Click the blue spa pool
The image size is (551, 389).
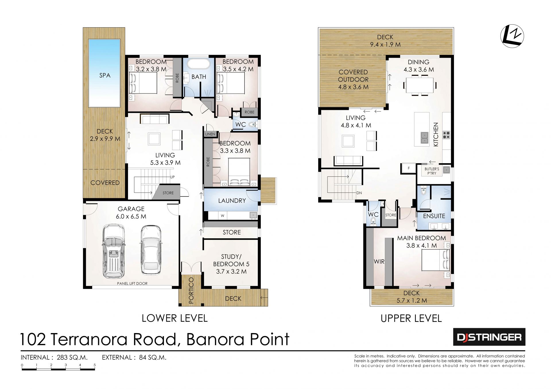pyautogui.click(x=104, y=73)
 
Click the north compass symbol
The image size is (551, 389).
pyautogui.click(x=512, y=36)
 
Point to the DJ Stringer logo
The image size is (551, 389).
pyautogui.click(x=489, y=337)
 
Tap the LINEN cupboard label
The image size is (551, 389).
pyautogui.click(x=210, y=134)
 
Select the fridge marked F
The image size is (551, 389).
pyautogui.click(x=409, y=168)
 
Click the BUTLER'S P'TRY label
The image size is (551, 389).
pyautogui.click(x=432, y=171)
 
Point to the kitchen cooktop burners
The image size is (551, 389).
pyautogui.click(x=447, y=135)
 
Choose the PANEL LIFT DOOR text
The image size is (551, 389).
pyautogui.click(x=132, y=283)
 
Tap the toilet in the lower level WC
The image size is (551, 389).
pyautogui.click(x=252, y=125)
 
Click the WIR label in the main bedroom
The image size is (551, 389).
pyautogui.click(x=379, y=262)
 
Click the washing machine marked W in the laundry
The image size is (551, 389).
pyautogui.click(x=222, y=215)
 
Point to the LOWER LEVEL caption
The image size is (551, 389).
pyautogui.click(x=174, y=318)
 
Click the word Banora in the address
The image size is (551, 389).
pyautogui.click(x=215, y=339)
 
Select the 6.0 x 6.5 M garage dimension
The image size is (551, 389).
pyautogui.click(x=131, y=217)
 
